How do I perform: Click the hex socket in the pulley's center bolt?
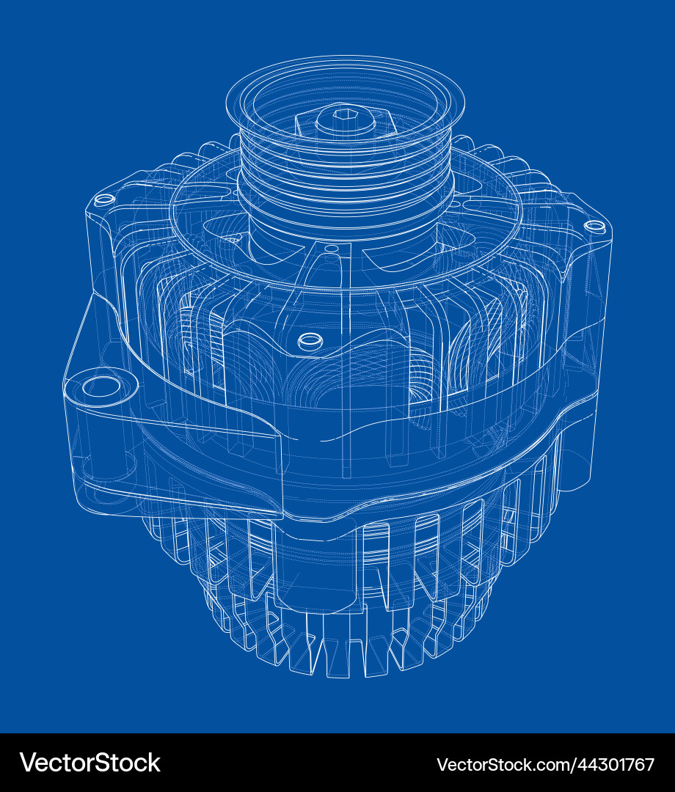[x=345, y=114]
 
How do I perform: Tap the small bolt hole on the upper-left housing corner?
[x=105, y=199]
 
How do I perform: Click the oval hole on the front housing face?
[x=310, y=340]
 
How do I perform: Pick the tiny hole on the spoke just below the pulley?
[x=332, y=249]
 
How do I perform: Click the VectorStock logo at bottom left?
[x=90, y=763]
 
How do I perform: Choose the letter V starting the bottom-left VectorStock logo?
[x=28, y=763]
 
